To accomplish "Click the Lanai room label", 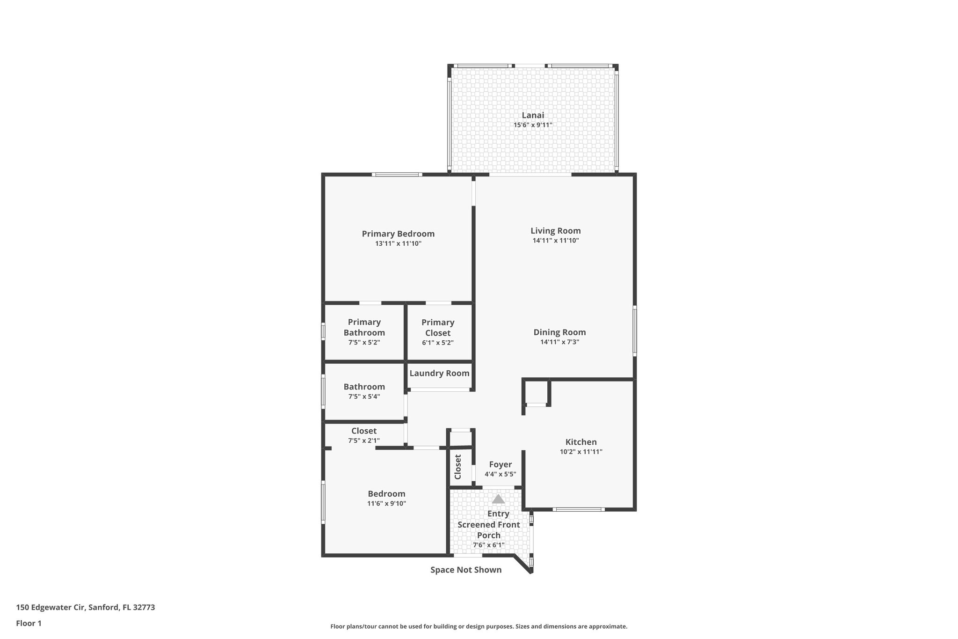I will tap(533, 115).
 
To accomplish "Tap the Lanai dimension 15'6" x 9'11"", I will tap(533, 125).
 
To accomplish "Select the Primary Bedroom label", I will tap(398, 234).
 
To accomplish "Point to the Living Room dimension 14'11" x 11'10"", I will tap(556, 241).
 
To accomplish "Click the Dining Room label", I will tap(559, 332).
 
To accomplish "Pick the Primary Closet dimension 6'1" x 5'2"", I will tap(438, 343).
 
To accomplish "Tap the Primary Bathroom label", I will tap(364, 327).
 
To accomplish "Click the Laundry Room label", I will tap(439, 373).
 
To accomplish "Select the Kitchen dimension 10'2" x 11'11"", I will tap(581, 452).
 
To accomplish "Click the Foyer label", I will tap(500, 464).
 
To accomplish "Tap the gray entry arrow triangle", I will tap(498, 499).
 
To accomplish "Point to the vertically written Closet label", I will tap(458, 467).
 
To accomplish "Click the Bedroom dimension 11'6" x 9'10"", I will tap(386, 504).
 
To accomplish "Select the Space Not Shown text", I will tap(466, 570).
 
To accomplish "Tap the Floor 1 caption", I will tap(29, 623).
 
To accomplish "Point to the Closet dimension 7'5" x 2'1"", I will tap(364, 441).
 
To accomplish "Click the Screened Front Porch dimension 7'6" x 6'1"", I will tap(488, 545).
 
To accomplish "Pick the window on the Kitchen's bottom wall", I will tap(578, 509).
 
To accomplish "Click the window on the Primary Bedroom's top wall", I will tap(397, 175).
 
